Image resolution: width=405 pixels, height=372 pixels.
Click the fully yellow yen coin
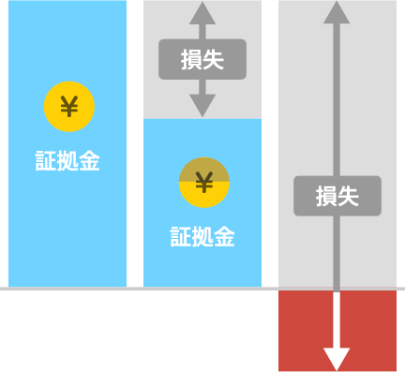[69, 107]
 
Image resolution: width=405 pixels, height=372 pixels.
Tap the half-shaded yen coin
[204, 183]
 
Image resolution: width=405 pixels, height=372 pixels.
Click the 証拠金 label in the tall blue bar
[67, 161]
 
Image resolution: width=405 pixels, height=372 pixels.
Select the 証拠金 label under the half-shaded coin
[202, 237]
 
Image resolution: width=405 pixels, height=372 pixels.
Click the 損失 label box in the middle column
[202, 59]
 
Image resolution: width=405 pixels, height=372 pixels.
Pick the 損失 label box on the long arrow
[337, 196]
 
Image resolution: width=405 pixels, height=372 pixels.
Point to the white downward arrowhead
[337, 359]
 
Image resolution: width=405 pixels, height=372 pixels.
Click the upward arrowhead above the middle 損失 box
[202, 13]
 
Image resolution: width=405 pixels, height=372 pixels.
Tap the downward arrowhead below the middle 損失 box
[202, 106]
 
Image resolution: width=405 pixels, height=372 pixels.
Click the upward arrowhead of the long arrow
[337, 12]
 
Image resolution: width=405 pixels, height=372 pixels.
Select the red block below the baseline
[337, 331]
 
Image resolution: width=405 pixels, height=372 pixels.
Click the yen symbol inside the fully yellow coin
[69, 107]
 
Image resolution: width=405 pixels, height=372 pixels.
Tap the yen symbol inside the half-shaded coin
[204, 183]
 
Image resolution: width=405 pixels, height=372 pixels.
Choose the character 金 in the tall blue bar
[90, 161]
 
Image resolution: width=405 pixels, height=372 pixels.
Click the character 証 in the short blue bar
[180, 237]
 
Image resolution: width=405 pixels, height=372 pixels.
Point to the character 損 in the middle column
[191, 60]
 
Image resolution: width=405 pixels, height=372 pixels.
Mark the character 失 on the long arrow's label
[349, 196]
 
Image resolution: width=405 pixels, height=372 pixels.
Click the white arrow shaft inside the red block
[337, 320]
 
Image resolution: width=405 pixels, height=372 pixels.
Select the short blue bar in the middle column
[202, 202]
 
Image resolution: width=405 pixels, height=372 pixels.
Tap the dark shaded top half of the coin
[204, 169]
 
